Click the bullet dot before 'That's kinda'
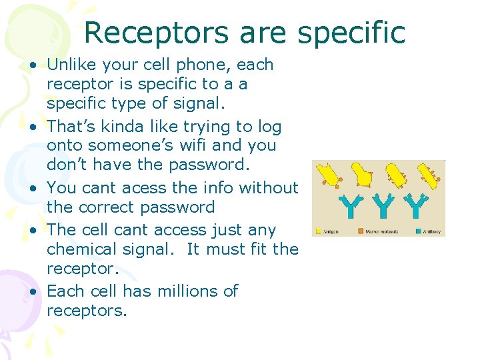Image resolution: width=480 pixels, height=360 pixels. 33,127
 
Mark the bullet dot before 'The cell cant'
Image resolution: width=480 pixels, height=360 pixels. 33,231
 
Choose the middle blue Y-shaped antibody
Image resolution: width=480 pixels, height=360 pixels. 383,205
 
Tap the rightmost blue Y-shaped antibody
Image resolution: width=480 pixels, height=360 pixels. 415,205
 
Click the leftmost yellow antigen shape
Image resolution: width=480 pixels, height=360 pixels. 330,175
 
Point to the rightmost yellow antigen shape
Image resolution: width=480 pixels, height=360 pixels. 427,175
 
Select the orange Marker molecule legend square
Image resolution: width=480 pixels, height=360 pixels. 360,231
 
